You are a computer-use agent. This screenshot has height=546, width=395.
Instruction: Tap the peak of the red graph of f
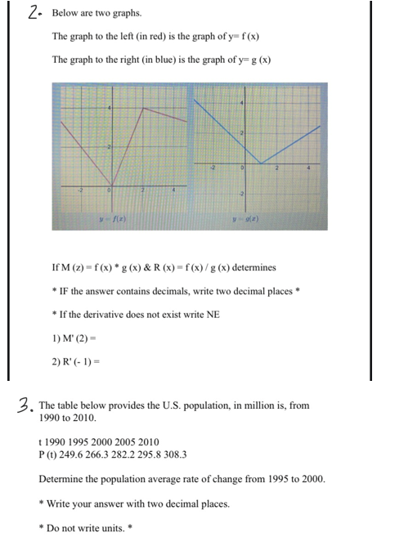click(x=144, y=107)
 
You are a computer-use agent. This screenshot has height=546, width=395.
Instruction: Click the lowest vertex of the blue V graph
click(x=259, y=164)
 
